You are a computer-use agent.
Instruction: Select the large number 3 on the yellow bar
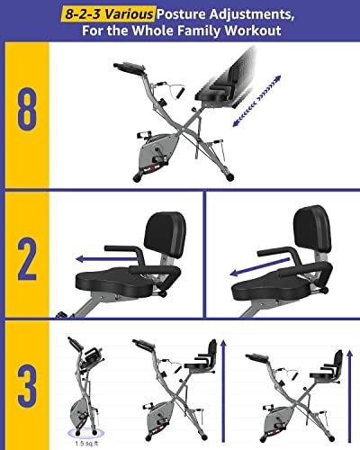[x=26, y=387]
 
